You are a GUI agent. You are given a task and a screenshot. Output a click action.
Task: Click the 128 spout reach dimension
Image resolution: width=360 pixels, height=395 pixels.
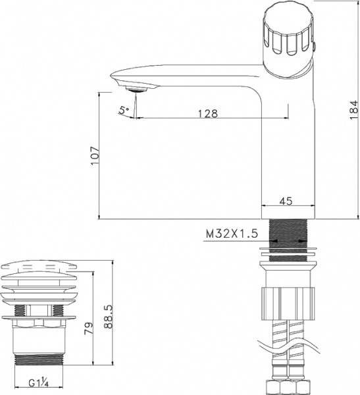pos(207,113)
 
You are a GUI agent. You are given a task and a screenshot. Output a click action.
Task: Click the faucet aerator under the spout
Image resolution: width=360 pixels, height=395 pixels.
pos(136,88)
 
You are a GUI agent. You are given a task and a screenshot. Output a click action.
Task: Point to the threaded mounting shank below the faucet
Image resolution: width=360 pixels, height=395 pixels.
pos(289,234)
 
